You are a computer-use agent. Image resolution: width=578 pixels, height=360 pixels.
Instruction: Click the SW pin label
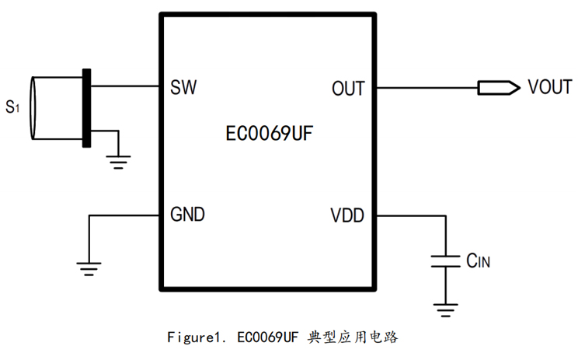[183, 87]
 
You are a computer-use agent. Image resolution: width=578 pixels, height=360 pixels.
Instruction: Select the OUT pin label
[347, 88]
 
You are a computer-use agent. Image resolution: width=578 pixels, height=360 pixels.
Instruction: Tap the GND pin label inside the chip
[188, 215]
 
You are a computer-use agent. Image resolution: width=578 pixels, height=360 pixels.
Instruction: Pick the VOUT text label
[550, 86]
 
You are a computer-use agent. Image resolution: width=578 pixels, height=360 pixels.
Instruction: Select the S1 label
[12, 107]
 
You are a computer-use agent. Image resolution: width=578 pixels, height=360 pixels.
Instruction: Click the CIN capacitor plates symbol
[446, 260]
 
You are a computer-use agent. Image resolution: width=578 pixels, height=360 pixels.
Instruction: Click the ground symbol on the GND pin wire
[89, 268]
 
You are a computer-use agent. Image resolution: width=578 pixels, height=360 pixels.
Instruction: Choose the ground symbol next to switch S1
[118, 162]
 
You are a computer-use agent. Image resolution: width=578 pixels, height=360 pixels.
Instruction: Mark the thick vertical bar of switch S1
[86, 107]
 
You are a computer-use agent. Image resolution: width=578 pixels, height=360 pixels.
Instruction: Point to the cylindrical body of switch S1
[54, 108]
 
